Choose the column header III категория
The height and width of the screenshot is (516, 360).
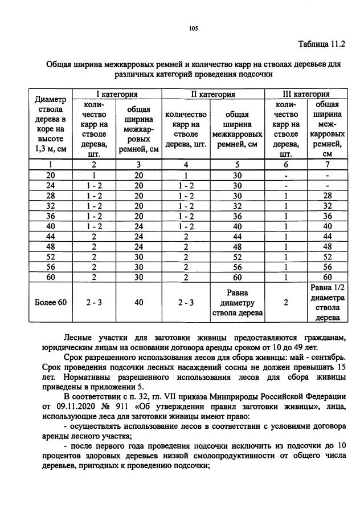(x=306, y=94)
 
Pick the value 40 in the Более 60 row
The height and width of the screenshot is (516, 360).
(x=138, y=302)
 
